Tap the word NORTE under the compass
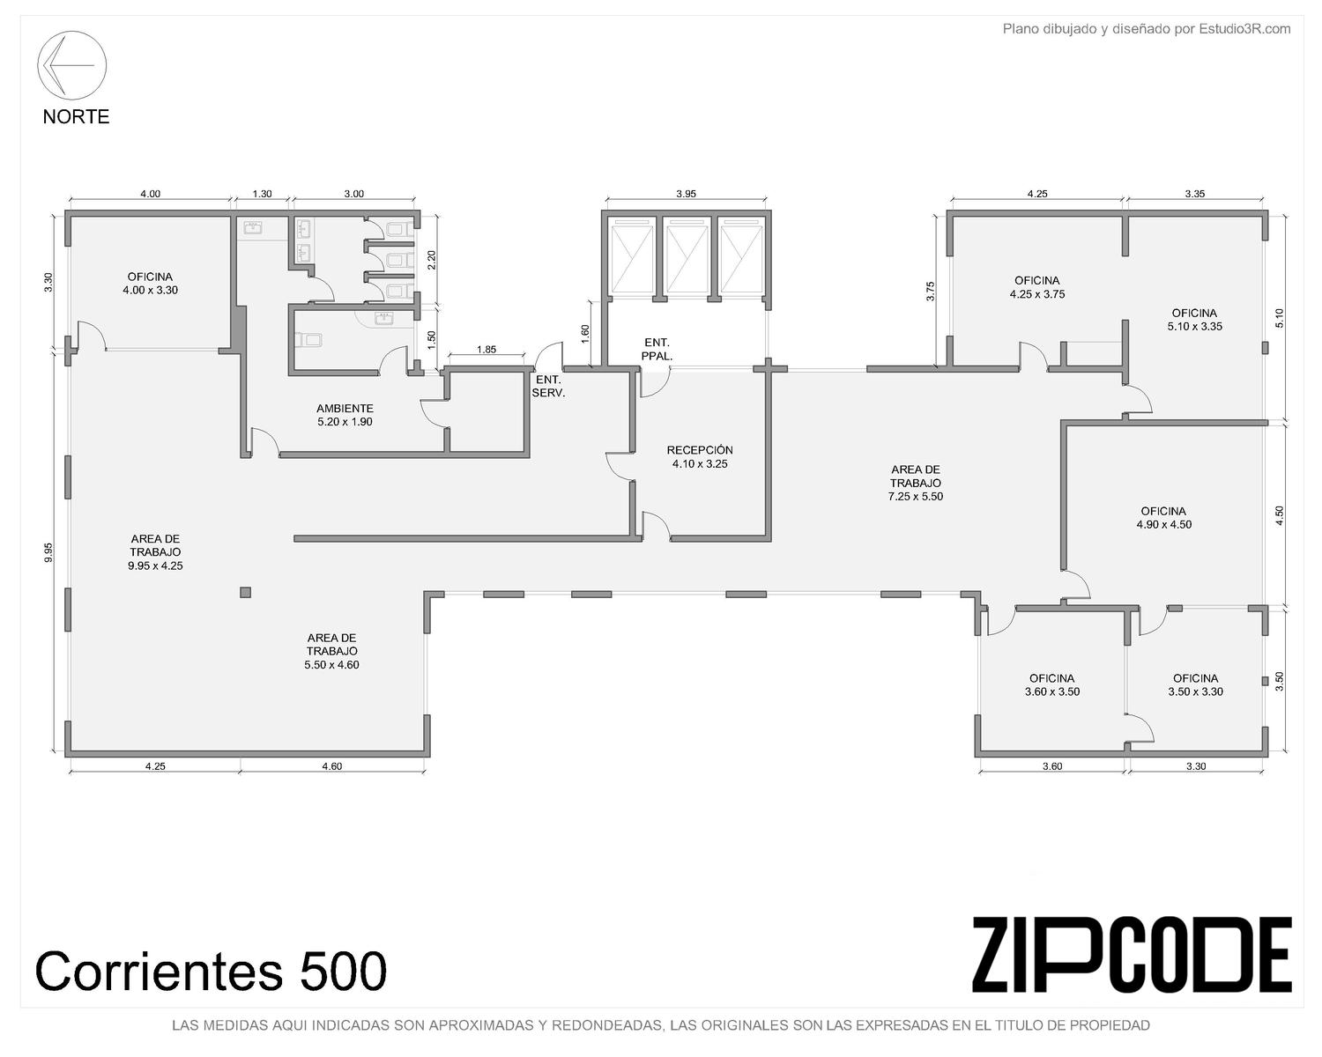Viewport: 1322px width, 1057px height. pyautogui.click(x=76, y=116)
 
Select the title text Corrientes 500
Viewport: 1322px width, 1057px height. pyautogui.click(x=211, y=971)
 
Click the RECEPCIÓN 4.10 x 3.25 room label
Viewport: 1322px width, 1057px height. pyautogui.click(x=700, y=457)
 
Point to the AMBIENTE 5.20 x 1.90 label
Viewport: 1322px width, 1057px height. pyautogui.click(x=345, y=415)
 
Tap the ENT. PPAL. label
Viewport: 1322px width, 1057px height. pyautogui.click(x=657, y=349)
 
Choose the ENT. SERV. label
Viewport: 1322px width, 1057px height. pyautogui.click(x=548, y=387)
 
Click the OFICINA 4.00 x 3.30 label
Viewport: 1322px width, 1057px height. pyautogui.click(x=150, y=283)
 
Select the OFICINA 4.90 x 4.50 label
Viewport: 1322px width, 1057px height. pyautogui.click(x=1163, y=518)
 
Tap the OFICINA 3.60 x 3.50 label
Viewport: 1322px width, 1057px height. pyautogui.click(x=1051, y=684)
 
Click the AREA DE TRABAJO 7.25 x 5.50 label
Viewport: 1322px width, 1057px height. pyautogui.click(x=916, y=483)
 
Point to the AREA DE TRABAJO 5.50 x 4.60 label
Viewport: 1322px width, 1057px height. pyautogui.click(x=331, y=651)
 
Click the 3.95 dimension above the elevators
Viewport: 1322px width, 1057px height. pyautogui.click(x=687, y=194)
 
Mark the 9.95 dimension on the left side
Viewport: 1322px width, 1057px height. pyautogui.click(x=49, y=551)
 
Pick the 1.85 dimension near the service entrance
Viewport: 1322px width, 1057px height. pyautogui.click(x=486, y=350)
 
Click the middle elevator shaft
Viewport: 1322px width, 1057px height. pyautogui.click(x=687, y=259)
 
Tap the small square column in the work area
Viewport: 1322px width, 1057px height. pyautogui.click(x=245, y=593)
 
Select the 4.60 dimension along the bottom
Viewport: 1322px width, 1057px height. pyautogui.click(x=331, y=765)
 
